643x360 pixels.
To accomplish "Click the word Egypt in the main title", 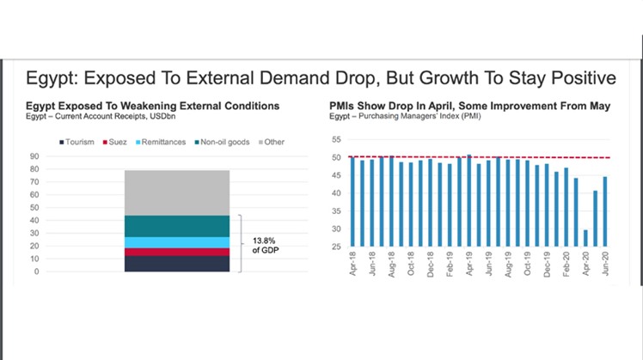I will pyautogui.click(x=51, y=79).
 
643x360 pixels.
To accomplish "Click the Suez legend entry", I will pyautogui.click(x=119, y=142).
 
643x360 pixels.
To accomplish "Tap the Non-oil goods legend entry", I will pyautogui.click(x=226, y=142).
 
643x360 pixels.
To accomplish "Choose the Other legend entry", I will pyautogui.click(x=274, y=142).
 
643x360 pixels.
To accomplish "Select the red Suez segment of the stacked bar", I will pyautogui.click(x=178, y=252).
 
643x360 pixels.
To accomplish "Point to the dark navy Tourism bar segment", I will pyautogui.click(x=178, y=264).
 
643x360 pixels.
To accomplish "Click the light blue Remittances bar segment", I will pyautogui.click(x=178, y=242).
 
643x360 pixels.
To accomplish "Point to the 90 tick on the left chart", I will pyautogui.click(x=34, y=156).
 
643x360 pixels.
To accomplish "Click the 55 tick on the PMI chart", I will pyautogui.click(x=336, y=139).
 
